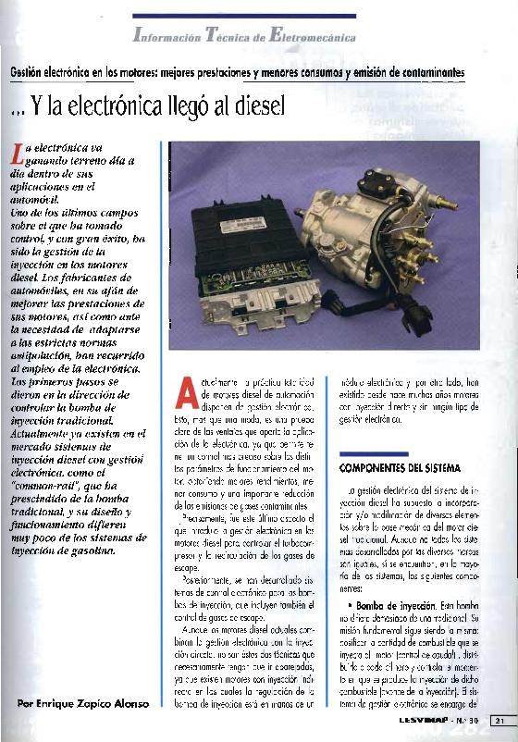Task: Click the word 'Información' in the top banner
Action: (x=170, y=38)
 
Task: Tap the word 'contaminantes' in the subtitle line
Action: (x=425, y=72)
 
